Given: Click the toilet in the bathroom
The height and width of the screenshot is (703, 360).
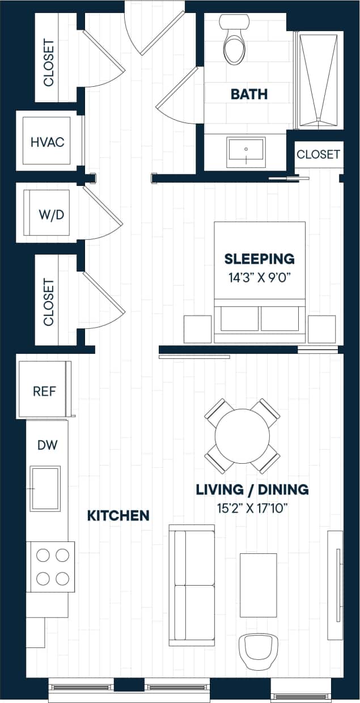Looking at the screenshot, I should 235,43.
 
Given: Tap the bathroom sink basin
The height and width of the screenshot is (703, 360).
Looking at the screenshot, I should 245,151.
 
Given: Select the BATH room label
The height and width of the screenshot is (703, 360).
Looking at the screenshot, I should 249,94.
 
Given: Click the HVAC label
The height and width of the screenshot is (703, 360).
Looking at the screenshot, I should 47,142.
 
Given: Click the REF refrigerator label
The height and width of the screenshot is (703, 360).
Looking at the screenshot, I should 44,391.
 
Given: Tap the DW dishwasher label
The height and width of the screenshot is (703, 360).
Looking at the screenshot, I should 48,445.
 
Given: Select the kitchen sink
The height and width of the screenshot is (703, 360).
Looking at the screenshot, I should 45,488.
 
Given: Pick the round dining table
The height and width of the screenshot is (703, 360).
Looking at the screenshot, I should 242,436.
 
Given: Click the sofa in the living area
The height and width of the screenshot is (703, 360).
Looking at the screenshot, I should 192,585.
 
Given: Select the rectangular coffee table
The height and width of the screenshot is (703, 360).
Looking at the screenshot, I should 258,585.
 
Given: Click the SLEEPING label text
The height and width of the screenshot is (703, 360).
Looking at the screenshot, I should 260,259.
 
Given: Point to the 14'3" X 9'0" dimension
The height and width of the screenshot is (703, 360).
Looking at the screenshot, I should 260,277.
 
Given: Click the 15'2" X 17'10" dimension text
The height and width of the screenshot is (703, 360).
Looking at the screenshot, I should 252,507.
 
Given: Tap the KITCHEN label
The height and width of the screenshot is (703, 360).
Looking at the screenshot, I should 118,515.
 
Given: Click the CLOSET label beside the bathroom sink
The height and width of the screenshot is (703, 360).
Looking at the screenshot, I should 318,154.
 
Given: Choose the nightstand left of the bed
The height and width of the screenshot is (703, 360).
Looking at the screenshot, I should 197,329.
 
